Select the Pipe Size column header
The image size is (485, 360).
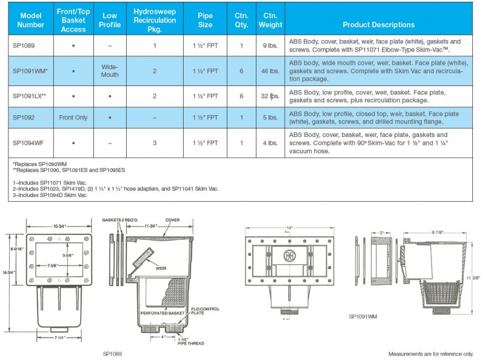[x=205, y=21]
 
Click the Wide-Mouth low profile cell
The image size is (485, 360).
[x=110, y=71]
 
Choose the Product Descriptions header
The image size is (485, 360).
[x=378, y=25]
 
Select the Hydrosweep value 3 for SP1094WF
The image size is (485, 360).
[x=155, y=143]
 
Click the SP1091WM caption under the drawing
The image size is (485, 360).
[x=364, y=316]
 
